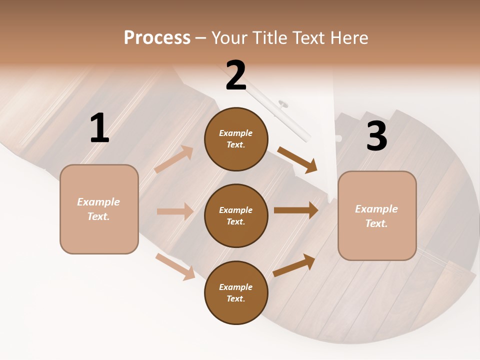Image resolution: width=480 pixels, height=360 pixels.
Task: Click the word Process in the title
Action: click(157, 38)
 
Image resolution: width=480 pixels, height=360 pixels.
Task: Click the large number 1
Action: click(99, 129)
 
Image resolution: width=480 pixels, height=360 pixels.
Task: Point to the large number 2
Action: click(236, 75)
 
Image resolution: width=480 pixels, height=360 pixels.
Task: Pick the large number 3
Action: click(376, 136)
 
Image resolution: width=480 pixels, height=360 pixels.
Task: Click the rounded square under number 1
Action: click(99, 209)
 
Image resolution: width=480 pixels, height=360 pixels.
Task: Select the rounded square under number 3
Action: click(377, 216)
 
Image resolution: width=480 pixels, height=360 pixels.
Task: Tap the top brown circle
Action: click(236, 139)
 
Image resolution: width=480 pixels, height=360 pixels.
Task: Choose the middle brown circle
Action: click(236, 216)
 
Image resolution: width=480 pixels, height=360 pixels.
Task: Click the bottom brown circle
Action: click(236, 293)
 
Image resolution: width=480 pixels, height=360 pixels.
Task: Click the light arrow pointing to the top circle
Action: click(174, 159)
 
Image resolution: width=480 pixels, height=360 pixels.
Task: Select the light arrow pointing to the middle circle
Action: click(175, 211)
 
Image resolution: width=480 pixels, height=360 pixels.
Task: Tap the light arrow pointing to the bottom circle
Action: click(175, 266)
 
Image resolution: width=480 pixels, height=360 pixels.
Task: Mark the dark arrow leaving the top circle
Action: click(297, 160)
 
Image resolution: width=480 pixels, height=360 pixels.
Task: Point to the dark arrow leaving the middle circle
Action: click(296, 210)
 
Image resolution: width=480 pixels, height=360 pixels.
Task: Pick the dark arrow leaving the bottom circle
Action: click(294, 265)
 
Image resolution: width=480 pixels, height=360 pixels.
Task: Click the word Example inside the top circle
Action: click(236, 133)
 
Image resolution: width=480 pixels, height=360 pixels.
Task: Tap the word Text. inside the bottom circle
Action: click(236, 298)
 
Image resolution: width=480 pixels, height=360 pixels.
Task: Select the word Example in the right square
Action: click(376, 209)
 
